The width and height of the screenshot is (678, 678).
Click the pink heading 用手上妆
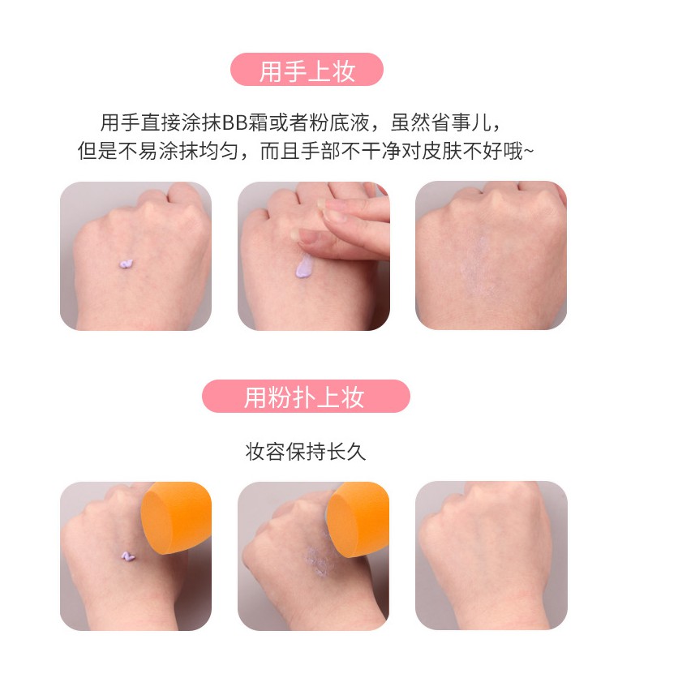(x=307, y=70)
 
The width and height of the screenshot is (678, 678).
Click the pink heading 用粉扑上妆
(x=305, y=397)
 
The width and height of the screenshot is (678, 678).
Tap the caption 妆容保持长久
(x=305, y=453)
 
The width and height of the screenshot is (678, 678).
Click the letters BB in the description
(x=235, y=123)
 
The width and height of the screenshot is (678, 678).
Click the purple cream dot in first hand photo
(x=126, y=264)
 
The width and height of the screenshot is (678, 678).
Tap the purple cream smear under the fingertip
(x=304, y=266)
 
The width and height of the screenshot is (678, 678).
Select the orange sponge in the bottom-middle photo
(x=358, y=518)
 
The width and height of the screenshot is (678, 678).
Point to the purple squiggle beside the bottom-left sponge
(x=127, y=556)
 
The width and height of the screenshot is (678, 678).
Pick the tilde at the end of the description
(x=529, y=152)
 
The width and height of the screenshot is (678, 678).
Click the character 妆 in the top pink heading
(x=344, y=71)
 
